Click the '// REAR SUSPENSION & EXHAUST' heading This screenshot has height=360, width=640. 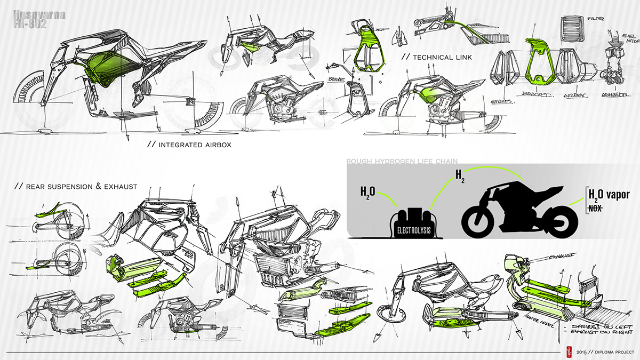[76, 187]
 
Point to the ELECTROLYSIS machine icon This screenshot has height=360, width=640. [412, 221]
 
